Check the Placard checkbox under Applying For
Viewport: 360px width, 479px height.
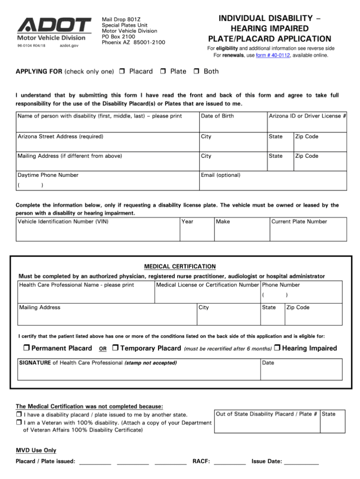coord(121,72)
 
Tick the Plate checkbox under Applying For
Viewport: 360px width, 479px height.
coord(163,72)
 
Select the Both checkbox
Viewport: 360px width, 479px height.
coord(197,72)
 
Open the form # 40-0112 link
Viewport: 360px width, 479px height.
coord(273,55)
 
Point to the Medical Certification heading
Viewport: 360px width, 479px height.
coord(180,266)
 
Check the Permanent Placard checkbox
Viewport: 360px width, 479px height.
coord(26,348)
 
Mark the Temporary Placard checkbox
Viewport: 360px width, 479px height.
coord(116,348)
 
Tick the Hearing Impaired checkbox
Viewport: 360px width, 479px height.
coord(277,348)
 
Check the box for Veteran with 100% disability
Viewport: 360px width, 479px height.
coord(19,423)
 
